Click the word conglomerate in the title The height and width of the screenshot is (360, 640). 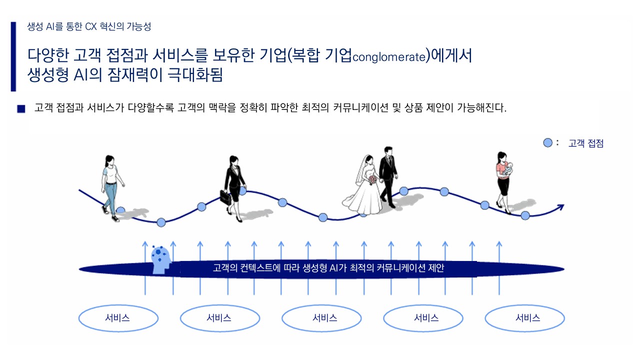point(389,57)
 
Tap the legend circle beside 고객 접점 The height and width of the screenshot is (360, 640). point(547,143)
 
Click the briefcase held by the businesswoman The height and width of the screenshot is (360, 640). point(225,197)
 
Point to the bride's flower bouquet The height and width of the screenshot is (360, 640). point(373,180)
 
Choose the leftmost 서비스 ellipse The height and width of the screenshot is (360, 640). point(118,318)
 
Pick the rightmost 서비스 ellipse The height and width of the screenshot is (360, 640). point(525,318)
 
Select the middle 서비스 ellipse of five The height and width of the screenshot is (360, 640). point(321,318)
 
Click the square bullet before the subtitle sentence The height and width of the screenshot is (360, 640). point(21,109)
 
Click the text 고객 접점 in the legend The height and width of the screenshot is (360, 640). point(585,143)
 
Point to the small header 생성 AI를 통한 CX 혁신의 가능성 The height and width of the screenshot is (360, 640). point(89,26)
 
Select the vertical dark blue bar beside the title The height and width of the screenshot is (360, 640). point(13,56)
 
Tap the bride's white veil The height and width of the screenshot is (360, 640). point(361,170)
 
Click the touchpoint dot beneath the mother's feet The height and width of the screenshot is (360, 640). point(525,215)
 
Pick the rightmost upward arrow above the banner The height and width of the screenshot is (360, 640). point(499,268)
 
